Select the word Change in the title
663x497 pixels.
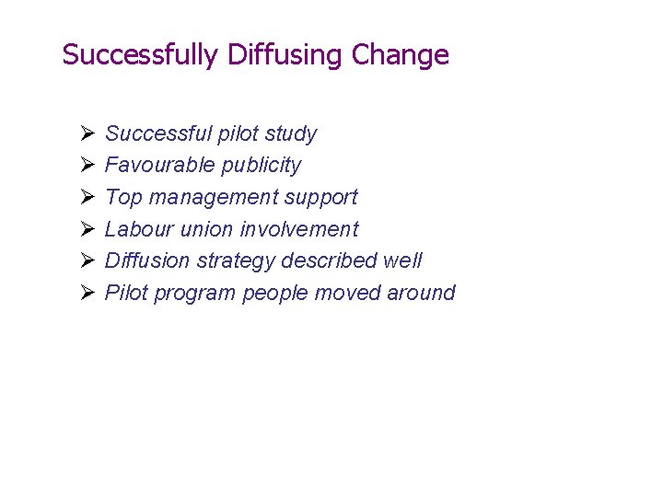tap(401, 55)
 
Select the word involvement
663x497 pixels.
tap(300, 229)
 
